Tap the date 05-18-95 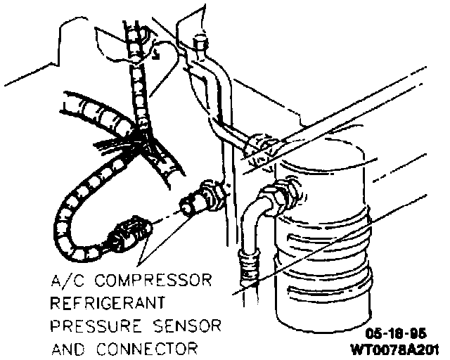click(400, 333)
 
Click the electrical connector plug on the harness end click(131, 234)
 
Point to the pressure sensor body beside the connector click(200, 198)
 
